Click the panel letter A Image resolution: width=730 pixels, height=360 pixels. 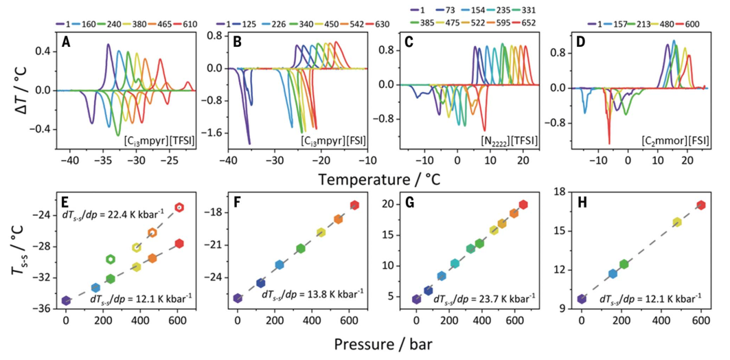click(x=66, y=42)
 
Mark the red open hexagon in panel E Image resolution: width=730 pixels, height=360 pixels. click(x=179, y=207)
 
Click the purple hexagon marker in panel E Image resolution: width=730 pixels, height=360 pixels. click(x=66, y=300)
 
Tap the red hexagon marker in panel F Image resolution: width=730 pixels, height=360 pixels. click(x=355, y=205)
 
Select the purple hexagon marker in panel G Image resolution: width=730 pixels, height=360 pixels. click(x=416, y=299)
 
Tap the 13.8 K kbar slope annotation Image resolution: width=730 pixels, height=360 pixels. click(x=312, y=294)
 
